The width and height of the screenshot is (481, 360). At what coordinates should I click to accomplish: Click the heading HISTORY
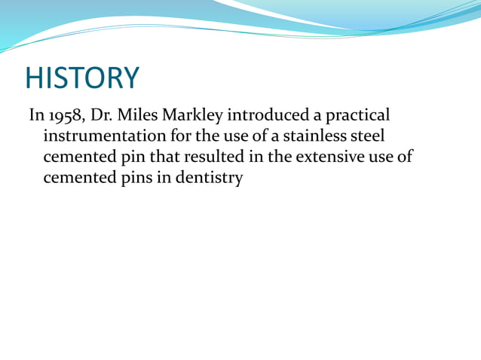[82, 78]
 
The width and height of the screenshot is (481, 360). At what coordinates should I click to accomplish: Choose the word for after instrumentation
[171, 137]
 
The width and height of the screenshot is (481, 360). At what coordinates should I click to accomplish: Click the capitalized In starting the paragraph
[36, 116]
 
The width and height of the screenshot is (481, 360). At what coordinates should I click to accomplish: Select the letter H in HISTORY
[34, 78]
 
